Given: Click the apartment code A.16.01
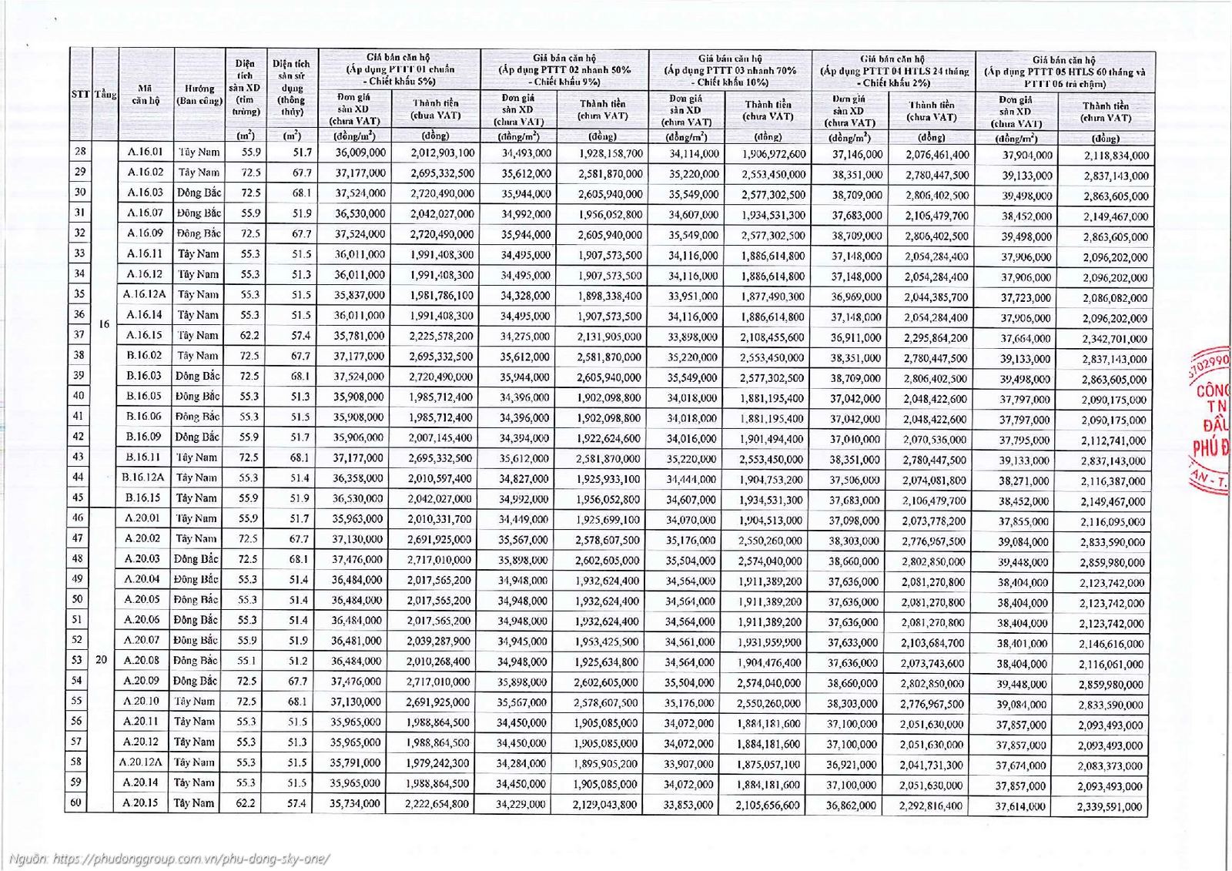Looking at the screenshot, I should pos(146,152).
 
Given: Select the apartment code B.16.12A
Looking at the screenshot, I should pos(143,477).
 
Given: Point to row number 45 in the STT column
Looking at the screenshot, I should pos(79,497).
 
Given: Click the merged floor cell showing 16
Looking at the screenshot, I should pos(105,324).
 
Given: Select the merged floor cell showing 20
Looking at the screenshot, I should pos(101,660).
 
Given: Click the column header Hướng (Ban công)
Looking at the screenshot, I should pos(199,94).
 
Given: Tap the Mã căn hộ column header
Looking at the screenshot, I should pos(146,94).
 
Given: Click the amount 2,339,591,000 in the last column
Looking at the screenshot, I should pos(1110,806).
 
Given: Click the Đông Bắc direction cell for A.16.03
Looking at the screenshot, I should pos(199,193).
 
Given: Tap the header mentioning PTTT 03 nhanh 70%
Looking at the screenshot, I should pos(730,70).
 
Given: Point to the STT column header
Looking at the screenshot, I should pos(80,94).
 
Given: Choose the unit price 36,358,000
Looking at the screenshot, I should pos(358,478).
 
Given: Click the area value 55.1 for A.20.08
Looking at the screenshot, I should pos(247,661).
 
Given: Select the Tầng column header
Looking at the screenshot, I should pos(105,94).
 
